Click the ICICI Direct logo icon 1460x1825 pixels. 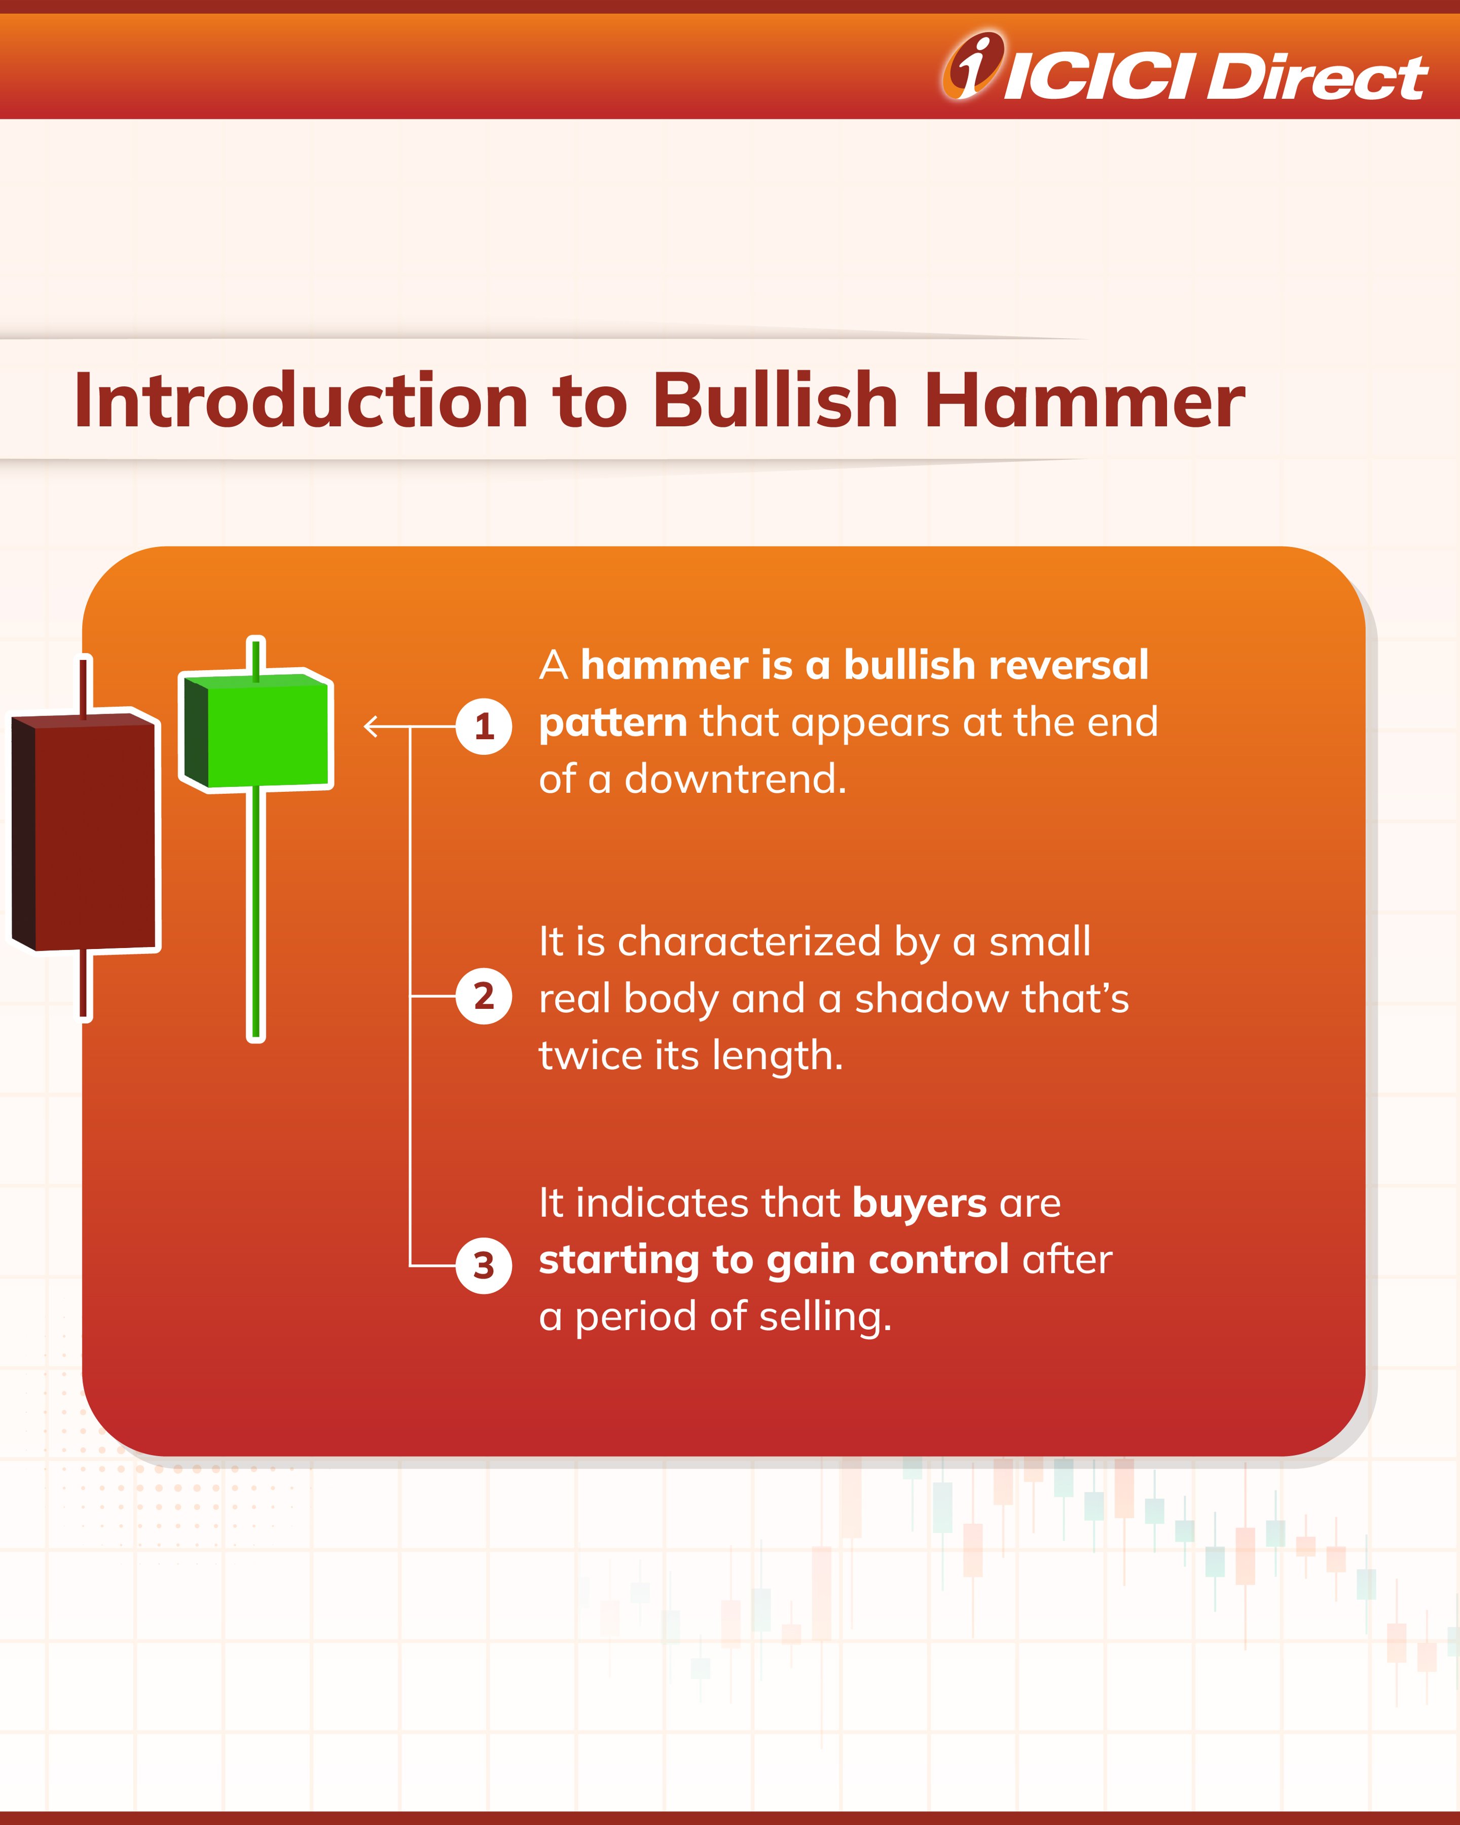[973, 65]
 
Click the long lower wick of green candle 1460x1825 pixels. [255, 914]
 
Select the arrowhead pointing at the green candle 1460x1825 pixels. [370, 726]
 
